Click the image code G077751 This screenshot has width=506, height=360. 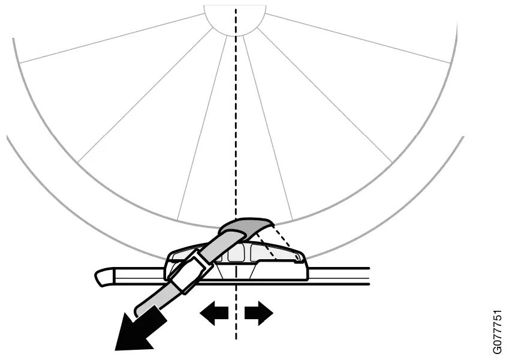click(x=497, y=332)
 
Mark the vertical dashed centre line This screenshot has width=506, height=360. click(x=236, y=150)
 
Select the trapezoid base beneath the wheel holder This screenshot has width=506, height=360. click(x=236, y=272)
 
